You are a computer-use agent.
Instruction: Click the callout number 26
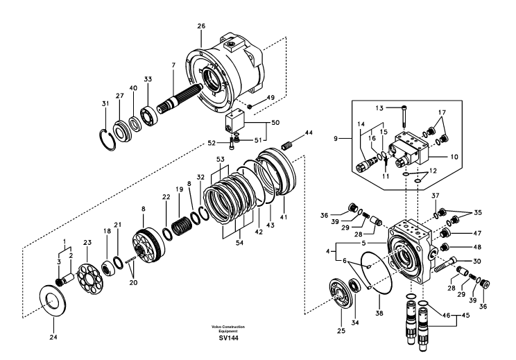pyautogui.click(x=201, y=26)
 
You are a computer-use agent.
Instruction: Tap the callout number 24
pyautogui.click(x=53, y=338)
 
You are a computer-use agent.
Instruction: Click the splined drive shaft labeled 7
pyautogui.click(x=183, y=96)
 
